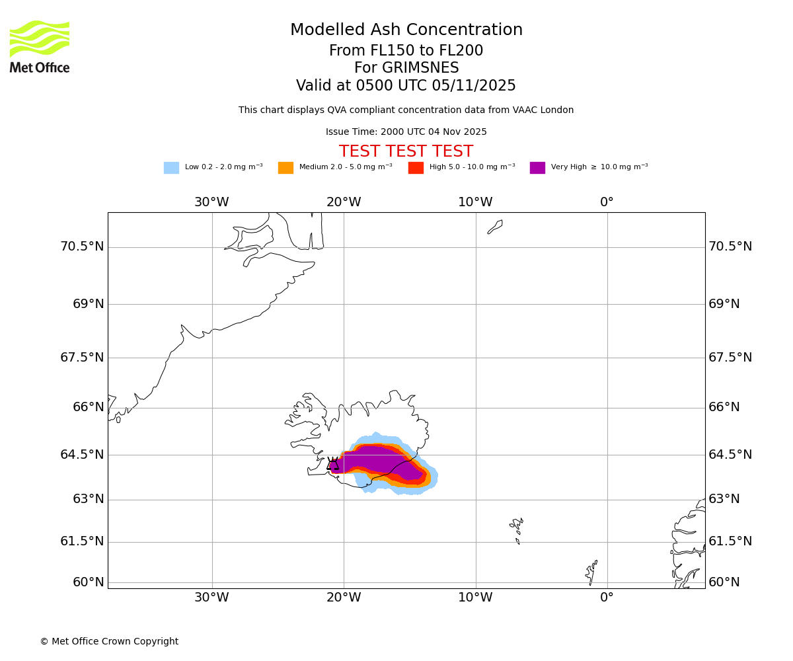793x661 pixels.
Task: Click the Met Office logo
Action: [40, 46]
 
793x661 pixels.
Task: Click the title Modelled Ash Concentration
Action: [406, 30]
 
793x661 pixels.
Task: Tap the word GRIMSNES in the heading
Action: [406, 68]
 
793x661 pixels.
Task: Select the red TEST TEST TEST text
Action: [406, 152]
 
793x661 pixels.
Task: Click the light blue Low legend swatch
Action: [171, 168]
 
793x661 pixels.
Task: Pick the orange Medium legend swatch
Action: [285, 168]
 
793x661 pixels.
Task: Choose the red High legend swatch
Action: [416, 168]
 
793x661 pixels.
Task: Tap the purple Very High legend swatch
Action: [537, 168]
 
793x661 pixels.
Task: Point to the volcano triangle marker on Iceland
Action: [332, 464]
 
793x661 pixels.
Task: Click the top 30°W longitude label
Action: [211, 202]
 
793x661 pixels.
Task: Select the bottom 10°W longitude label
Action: [475, 598]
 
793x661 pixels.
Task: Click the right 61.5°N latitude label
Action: [730, 541]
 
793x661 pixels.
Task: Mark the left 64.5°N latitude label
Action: [82, 455]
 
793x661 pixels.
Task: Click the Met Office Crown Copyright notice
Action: [109, 642]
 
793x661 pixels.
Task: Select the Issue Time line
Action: [406, 132]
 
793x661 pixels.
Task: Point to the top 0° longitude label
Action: [607, 202]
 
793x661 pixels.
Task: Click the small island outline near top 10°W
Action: [495, 227]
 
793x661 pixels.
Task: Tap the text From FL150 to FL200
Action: [406, 51]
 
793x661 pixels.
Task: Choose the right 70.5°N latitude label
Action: [730, 247]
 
